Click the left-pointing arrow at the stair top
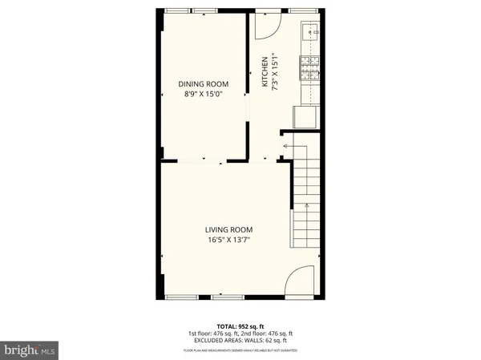point(285,146)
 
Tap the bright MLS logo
point(30,349)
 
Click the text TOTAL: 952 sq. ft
point(240,326)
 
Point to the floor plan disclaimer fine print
point(240,350)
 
